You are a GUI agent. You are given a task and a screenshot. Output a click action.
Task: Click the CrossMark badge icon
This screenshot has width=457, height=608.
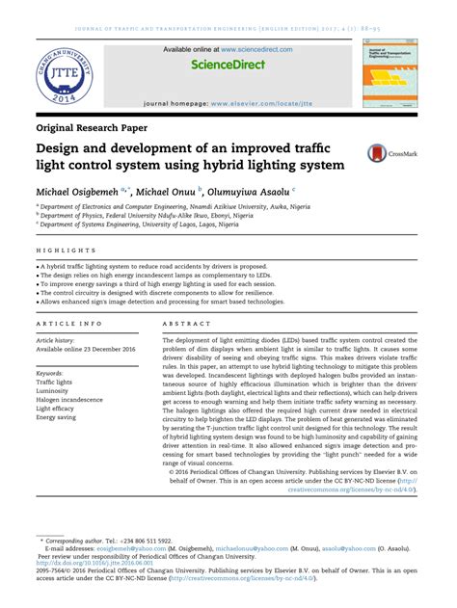coord(397,153)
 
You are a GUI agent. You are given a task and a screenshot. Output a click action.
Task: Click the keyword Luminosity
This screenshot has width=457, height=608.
coord(55,392)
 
